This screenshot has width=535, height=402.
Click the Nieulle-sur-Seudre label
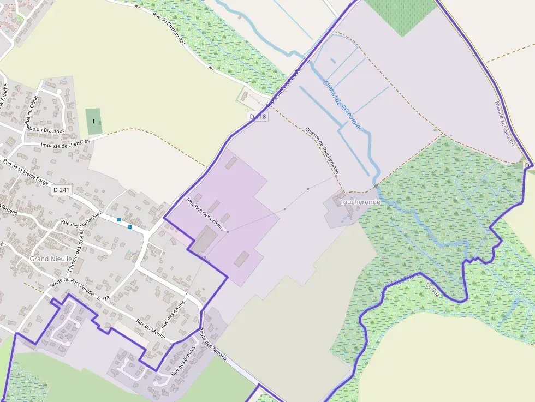point(505,123)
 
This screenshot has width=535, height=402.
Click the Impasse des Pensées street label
point(66,143)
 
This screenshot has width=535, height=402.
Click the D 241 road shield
point(63,190)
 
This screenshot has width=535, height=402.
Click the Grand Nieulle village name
point(47,259)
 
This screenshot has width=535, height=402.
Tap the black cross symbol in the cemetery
point(94,121)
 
